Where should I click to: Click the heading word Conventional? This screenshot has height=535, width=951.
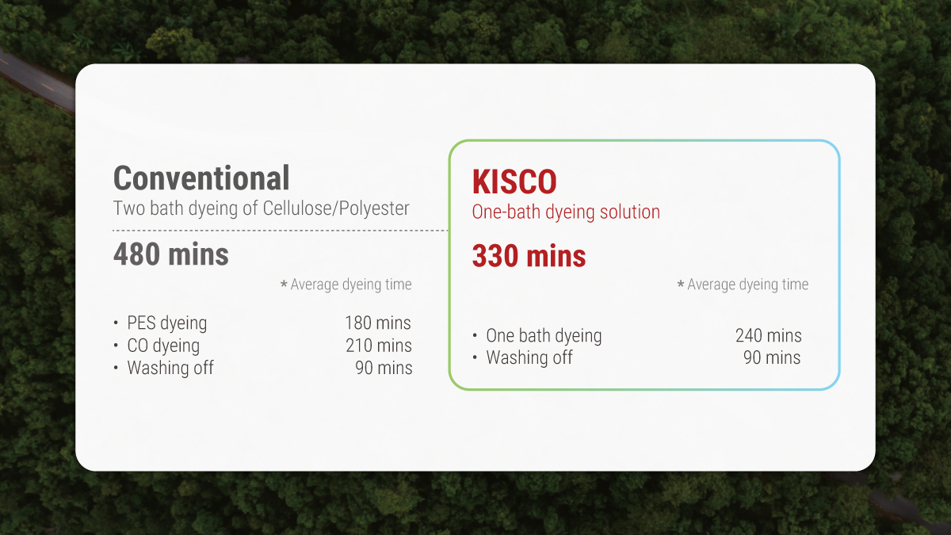click(x=201, y=178)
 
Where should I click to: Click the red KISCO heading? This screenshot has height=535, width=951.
click(x=514, y=182)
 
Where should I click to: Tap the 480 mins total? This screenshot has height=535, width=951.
click(x=171, y=254)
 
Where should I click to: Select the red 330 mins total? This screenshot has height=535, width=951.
click(x=529, y=256)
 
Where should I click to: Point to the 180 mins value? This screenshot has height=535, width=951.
click(x=378, y=323)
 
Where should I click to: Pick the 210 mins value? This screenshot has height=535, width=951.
click(x=378, y=346)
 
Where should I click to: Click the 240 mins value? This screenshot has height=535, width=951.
click(x=768, y=335)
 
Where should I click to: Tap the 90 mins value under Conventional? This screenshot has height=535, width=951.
click(x=384, y=368)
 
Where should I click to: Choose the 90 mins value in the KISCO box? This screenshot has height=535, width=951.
click(x=772, y=357)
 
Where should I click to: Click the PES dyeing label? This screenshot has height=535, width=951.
click(x=167, y=323)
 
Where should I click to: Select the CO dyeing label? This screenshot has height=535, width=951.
click(x=163, y=346)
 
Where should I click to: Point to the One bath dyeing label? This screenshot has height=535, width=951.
click(x=544, y=335)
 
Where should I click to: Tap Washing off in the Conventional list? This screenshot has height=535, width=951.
click(x=170, y=368)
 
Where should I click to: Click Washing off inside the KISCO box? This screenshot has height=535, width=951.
click(x=529, y=357)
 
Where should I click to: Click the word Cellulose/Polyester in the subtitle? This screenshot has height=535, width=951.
click(x=336, y=208)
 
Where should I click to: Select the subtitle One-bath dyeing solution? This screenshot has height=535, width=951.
click(x=566, y=212)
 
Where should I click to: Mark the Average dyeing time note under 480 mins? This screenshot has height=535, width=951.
click(x=351, y=285)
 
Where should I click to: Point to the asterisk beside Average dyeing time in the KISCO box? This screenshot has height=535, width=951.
click(x=680, y=285)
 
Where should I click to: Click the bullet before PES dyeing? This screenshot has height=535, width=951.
click(x=116, y=323)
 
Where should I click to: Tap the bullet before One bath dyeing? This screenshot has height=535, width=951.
click(x=475, y=335)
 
